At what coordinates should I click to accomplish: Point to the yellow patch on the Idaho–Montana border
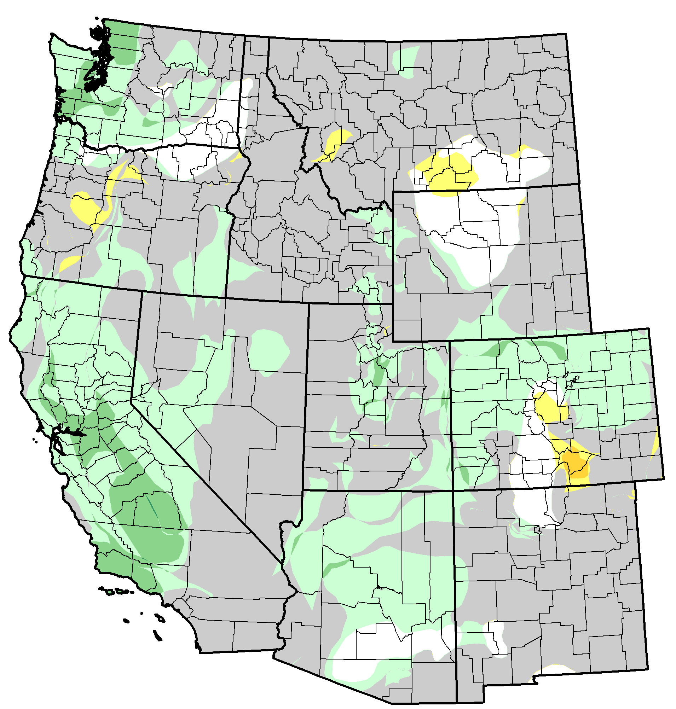click(335, 144)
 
